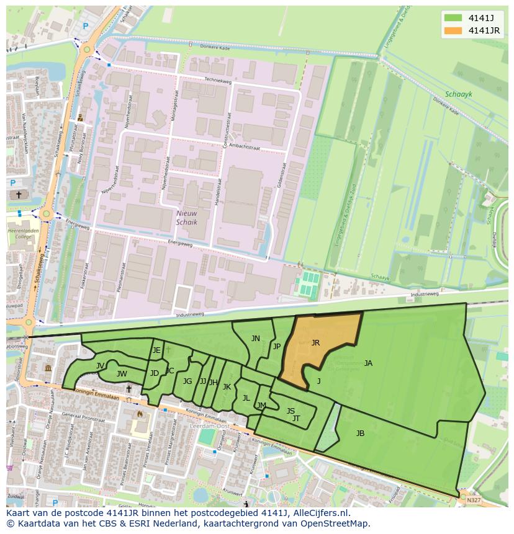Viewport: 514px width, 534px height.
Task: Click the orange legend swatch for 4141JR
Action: pos(453,30)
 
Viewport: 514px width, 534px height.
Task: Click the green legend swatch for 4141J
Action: pos(453,17)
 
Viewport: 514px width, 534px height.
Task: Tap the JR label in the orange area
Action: pos(315,342)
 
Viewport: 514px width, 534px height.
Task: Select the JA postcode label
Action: pos(368,363)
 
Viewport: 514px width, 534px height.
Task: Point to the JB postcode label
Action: pos(360,433)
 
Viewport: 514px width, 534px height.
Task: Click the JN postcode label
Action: pos(256,339)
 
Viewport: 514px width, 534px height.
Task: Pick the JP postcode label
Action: pos(277,347)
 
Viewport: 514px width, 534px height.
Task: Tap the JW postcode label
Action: pos(122,373)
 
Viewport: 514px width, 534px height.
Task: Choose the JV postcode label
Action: pos(100,366)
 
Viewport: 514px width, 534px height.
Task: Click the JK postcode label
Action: pos(227,387)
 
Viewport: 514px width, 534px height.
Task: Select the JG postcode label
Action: pos(187,381)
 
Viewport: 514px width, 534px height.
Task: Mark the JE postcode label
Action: pos(156,350)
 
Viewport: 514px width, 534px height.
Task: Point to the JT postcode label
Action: pos(296,419)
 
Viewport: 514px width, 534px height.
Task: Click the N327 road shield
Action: pos(474,500)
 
